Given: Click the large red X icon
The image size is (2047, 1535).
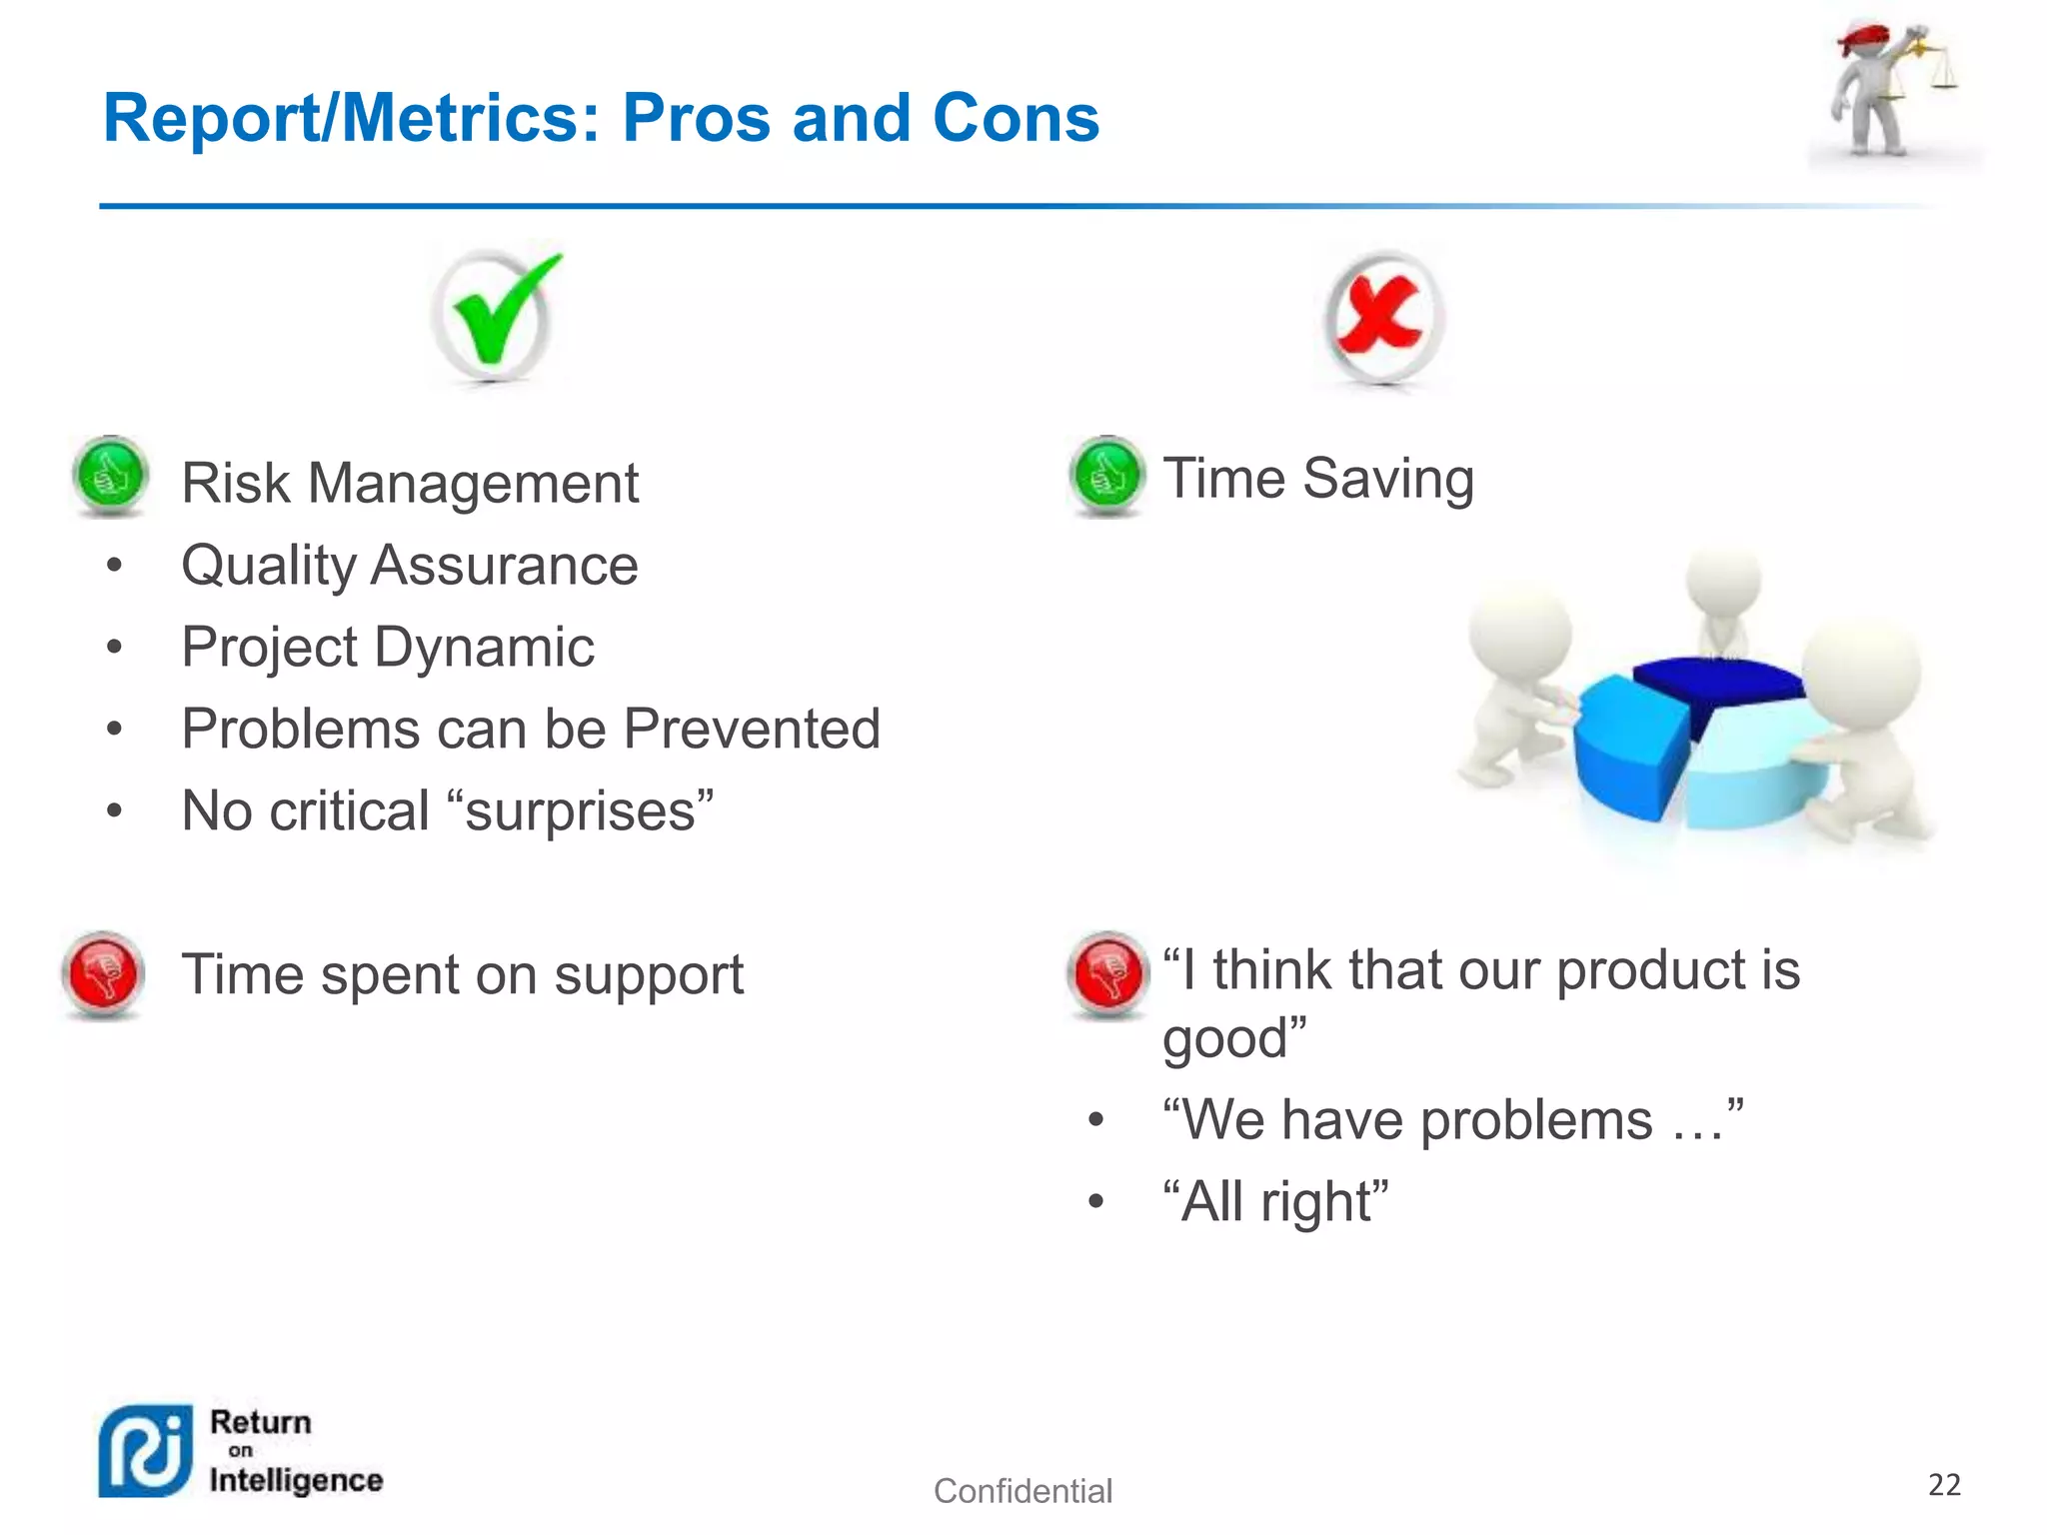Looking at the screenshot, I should click(1383, 316).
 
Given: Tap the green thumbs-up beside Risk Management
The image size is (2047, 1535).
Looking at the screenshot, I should click(111, 476).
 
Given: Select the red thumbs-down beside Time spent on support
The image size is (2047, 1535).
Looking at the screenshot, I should click(103, 972).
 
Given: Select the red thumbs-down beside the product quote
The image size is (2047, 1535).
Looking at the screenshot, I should click(1107, 972).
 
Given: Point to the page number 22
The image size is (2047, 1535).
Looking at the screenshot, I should click(1944, 1485).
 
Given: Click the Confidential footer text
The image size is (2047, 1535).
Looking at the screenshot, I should click(1023, 1491).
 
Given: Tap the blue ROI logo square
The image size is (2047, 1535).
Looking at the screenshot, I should click(146, 1451).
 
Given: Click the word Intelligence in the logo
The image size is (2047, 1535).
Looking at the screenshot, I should click(296, 1480).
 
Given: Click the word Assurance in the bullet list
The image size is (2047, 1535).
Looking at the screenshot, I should click(504, 566).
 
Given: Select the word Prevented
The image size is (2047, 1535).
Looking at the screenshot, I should click(752, 729).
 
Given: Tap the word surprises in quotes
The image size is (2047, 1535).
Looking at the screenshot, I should click(580, 810).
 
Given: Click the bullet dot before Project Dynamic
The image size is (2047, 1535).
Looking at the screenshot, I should click(115, 648).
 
